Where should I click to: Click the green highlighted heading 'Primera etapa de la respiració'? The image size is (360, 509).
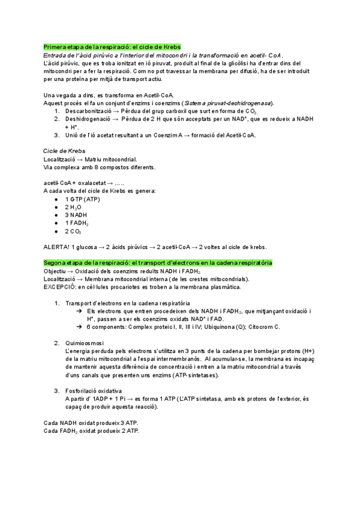click(x=112, y=47)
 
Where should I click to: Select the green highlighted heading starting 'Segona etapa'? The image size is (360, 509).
click(x=158, y=263)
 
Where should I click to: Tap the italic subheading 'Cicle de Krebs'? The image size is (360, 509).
click(x=64, y=151)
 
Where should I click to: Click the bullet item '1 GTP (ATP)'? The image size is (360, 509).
click(x=83, y=199)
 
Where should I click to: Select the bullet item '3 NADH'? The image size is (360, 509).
click(x=76, y=215)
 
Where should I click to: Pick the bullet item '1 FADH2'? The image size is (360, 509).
click(x=77, y=223)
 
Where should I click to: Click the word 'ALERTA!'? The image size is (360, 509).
click(x=56, y=247)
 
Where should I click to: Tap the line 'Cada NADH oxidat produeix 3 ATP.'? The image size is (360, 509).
click(x=91, y=423)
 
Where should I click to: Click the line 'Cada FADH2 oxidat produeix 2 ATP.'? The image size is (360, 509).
click(x=91, y=431)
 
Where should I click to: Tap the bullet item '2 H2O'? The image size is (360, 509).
click(x=75, y=207)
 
